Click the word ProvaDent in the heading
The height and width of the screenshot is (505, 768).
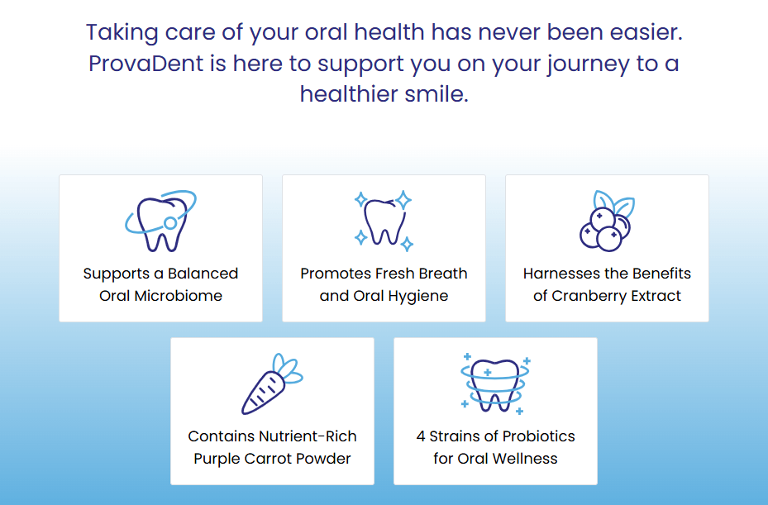tap(145, 64)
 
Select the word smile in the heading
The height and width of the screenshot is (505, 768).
tap(434, 93)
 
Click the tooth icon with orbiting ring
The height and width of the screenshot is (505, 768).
tap(160, 221)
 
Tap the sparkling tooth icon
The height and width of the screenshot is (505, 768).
tap(384, 221)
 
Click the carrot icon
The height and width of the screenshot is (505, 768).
tap(272, 384)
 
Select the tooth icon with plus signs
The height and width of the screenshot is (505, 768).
tap(496, 384)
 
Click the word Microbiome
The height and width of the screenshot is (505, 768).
tap(179, 296)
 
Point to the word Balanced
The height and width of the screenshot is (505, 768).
tap(203, 274)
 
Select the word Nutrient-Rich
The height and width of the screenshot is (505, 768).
tap(308, 436)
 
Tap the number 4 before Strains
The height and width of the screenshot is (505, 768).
tap(421, 436)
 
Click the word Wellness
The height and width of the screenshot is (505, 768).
tap(525, 459)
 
